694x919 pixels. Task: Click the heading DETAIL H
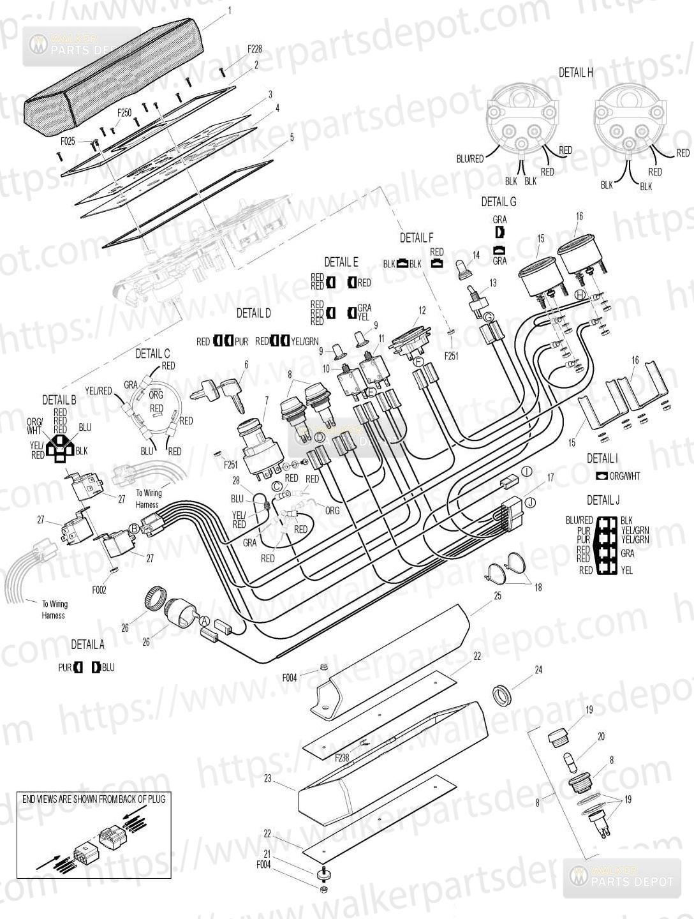575,73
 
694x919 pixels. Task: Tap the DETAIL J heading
603,500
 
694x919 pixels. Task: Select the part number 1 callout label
230,10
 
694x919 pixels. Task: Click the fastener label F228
255,49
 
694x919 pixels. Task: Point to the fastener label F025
68,141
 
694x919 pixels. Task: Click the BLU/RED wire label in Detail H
471,158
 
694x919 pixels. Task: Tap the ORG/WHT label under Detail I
624,476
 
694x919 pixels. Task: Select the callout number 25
498,595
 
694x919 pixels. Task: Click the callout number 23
268,779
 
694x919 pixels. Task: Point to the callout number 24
538,669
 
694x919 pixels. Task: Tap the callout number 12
422,311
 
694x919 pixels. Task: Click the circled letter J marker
529,502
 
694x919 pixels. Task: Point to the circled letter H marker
579,294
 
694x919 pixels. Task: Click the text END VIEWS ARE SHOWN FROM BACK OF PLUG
94,799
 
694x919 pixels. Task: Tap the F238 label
343,758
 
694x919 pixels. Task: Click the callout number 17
550,477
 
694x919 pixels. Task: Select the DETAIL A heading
87,645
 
